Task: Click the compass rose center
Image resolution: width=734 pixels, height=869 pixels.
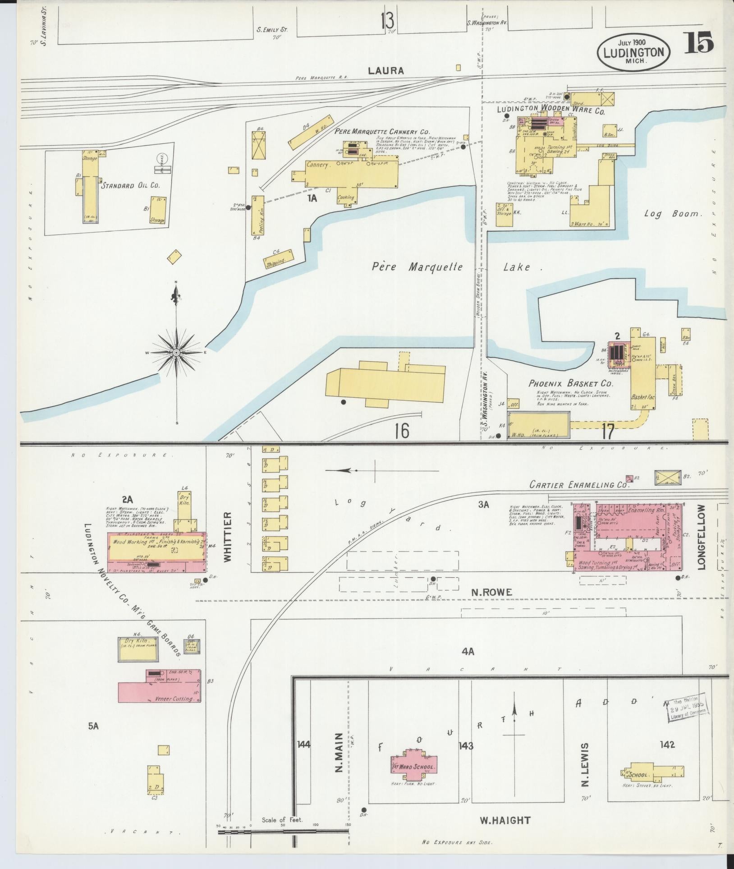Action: tap(177, 352)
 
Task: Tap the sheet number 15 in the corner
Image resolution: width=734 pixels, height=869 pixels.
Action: tap(701, 44)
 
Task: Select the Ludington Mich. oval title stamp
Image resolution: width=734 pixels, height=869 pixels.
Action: tap(634, 52)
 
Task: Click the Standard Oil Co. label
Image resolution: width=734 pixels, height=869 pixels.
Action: tap(131, 185)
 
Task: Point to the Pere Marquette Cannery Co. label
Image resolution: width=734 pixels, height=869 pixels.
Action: tap(382, 131)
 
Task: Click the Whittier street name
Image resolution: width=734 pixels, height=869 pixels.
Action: tap(227, 536)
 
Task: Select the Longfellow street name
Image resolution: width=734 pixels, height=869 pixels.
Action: tap(701, 538)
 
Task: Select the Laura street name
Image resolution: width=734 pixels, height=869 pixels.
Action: tap(385, 71)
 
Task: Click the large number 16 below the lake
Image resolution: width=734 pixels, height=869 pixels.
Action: tap(401, 431)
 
